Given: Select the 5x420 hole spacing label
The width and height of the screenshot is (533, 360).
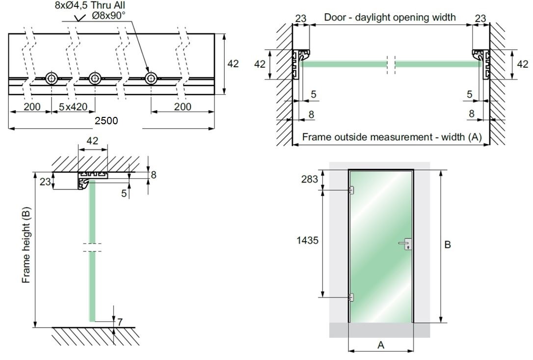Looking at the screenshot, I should pos(73,107).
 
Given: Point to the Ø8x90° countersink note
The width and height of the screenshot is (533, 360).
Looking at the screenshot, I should pos(108,15).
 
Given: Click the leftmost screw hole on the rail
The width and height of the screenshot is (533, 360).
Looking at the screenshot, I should pos(51,78).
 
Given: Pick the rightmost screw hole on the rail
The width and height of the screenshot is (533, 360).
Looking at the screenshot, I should pos(151,78).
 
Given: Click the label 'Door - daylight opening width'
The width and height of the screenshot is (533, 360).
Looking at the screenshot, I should pos(390,17).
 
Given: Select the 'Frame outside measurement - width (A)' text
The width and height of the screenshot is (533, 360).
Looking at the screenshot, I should pos(392,137).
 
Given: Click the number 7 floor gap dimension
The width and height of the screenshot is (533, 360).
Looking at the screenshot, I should pos(120,322).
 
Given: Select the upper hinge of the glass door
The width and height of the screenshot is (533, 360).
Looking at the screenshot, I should pos(350,190).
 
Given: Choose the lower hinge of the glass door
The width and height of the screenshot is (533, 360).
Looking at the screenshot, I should pos(350,297).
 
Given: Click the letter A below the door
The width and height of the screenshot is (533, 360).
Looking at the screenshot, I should pos(380,345).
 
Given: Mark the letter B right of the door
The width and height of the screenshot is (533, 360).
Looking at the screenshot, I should pos(448,245).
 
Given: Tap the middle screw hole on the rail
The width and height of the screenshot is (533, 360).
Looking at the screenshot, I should pos(95,78).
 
